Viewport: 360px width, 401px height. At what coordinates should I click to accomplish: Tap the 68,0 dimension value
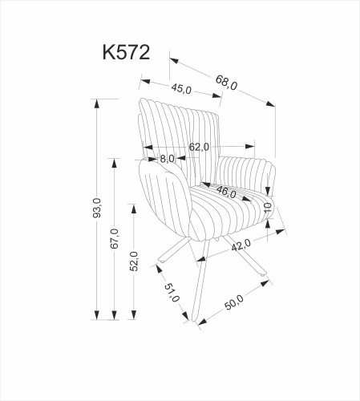pyautogui.click(x=227, y=80)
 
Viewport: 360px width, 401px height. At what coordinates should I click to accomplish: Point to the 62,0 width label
pyautogui.click(x=199, y=147)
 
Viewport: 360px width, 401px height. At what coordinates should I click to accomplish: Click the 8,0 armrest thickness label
pyautogui.click(x=167, y=159)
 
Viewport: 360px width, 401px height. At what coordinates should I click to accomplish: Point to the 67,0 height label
pyautogui.click(x=115, y=240)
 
